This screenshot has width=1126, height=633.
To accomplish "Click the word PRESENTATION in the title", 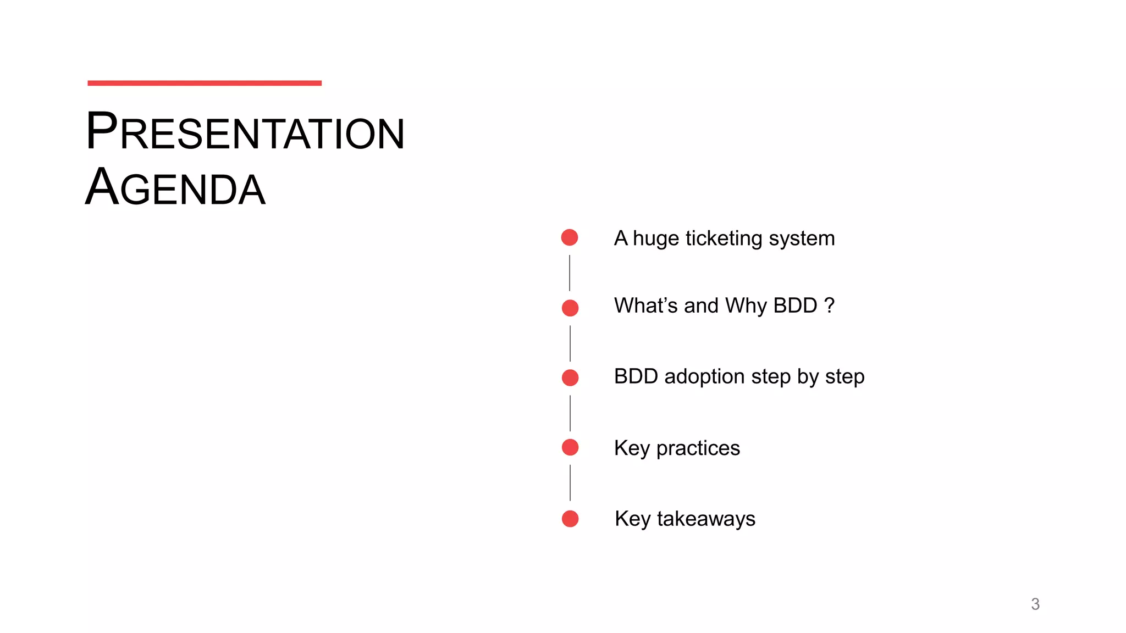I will (245, 132).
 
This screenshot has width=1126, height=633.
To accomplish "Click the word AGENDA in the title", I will (175, 188).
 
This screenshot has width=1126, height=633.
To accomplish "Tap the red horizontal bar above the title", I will (205, 83).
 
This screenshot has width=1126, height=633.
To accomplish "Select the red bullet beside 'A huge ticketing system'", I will (570, 237).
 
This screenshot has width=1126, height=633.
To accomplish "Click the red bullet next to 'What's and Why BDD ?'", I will (570, 308).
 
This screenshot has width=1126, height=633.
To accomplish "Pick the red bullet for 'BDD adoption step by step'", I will (570, 377).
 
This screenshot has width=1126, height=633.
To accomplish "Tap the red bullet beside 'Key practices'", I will (570, 447).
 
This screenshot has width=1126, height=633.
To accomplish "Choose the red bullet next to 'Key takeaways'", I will (570, 519).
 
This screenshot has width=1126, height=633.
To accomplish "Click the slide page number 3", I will (1035, 604).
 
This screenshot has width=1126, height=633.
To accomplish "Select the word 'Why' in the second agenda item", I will (746, 306).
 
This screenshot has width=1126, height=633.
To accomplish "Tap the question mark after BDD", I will (830, 306).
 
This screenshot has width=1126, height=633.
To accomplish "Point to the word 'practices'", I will (698, 448).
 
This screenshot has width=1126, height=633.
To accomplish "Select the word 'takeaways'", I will (706, 519).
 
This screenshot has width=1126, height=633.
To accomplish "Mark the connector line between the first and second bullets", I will (570, 273).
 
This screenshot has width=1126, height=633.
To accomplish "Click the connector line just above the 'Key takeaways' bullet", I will (570, 483).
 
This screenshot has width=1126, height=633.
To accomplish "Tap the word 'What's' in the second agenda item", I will (646, 306).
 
